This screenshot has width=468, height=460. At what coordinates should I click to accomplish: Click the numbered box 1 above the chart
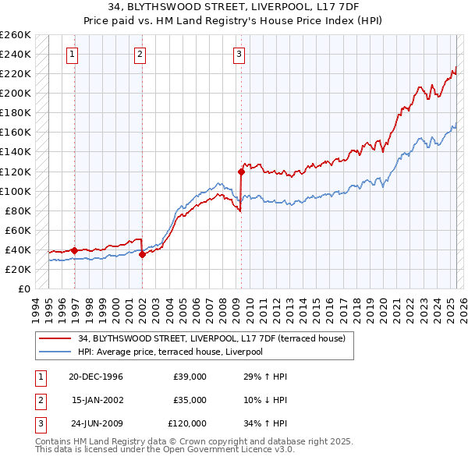tap(72, 54)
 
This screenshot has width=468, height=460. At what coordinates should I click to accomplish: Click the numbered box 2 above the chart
tap(139, 54)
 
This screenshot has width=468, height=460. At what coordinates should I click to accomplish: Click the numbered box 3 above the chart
tap(238, 54)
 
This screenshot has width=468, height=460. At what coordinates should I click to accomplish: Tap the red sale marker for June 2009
tap(241, 171)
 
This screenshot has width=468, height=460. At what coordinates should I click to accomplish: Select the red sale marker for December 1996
tap(75, 250)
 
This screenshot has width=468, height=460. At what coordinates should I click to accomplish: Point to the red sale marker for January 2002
tap(142, 254)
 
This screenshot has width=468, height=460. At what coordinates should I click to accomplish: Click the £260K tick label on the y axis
tap(16, 35)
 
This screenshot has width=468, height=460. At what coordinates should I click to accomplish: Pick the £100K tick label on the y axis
tap(16, 191)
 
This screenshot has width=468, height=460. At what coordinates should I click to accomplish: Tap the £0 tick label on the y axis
tap(24, 288)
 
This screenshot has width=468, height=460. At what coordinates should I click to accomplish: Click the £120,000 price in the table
tap(187, 423)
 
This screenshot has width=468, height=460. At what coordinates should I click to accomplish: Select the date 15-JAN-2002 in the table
tap(97, 400)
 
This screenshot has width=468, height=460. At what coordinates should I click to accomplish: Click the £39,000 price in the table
tap(190, 377)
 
